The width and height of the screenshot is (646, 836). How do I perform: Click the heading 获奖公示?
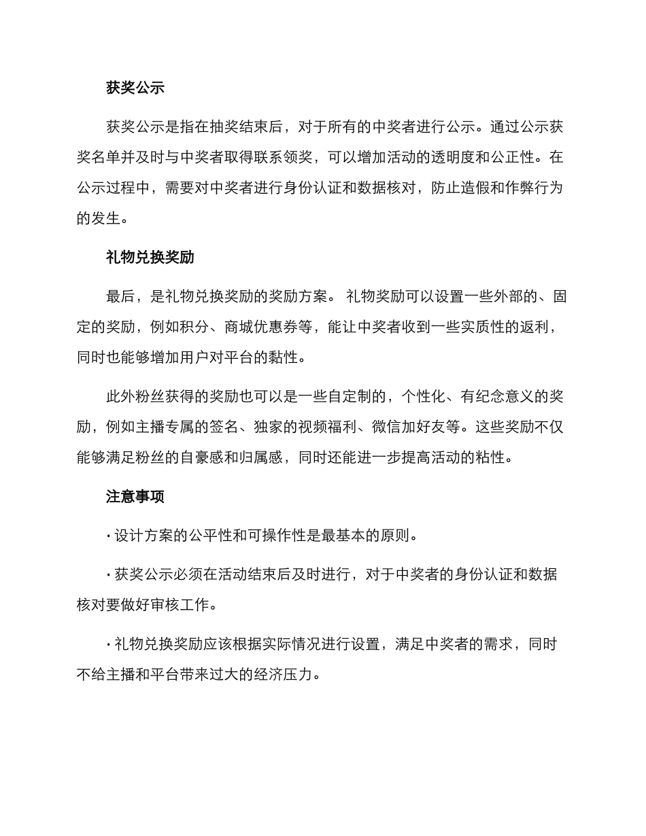click(135, 88)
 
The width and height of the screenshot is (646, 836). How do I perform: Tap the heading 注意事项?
click(135, 496)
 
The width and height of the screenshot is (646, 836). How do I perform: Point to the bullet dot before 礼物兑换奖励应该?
click(109, 644)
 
